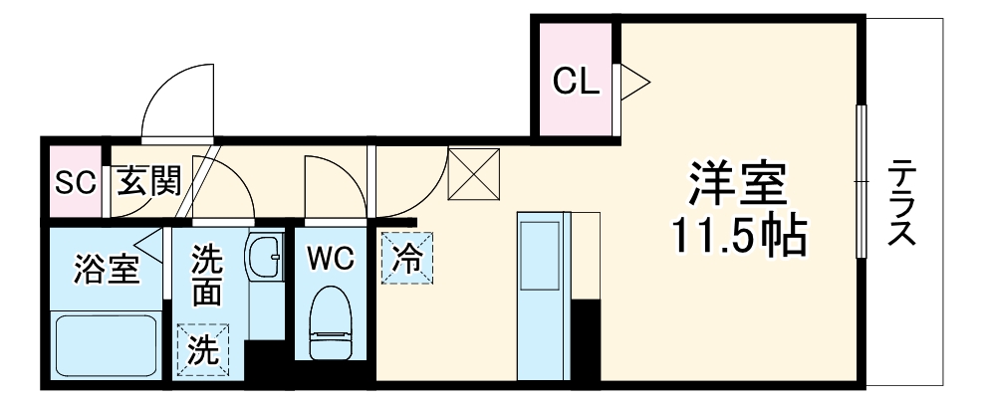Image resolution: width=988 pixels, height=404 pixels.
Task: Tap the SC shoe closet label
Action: click(x=75, y=182)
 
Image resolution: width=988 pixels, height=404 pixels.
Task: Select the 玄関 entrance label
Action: click(x=149, y=182)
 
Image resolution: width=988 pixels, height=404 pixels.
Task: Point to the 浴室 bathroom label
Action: click(x=105, y=270)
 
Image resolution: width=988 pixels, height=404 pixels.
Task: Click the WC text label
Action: click(x=330, y=260)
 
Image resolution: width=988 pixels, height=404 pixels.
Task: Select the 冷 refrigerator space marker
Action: click(x=407, y=258)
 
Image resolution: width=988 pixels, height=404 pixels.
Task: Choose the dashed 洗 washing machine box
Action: click(x=203, y=350)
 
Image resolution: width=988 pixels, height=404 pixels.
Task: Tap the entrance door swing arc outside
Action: click(x=178, y=100)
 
